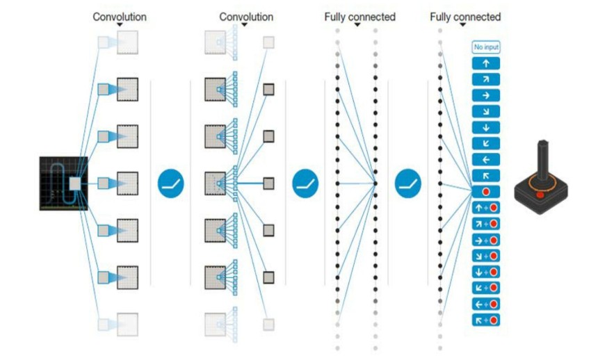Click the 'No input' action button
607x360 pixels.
pos(486,47)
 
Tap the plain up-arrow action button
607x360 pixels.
pos(486,63)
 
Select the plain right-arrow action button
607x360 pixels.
pos(486,95)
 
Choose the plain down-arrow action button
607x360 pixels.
pos(486,127)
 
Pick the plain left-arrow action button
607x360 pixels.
pos(486,159)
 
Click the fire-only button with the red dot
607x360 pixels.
pos(486,191)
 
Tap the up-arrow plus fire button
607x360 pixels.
pos(486,208)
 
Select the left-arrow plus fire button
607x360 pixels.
pos(486,304)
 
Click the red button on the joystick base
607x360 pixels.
pos(540,195)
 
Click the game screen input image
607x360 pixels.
pos(63,183)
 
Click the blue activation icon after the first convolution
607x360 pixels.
pos(170,183)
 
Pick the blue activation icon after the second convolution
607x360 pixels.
pos(304,183)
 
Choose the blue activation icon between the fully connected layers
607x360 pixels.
pos(408,183)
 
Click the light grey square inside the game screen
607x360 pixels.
pos(75,183)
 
